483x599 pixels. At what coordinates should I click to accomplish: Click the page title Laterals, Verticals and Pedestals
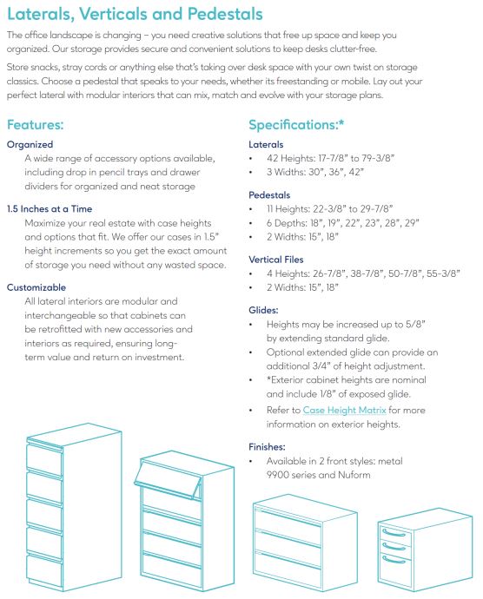coord(135,15)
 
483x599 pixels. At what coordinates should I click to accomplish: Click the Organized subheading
coord(30,144)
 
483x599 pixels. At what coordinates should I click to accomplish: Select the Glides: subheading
coord(263,309)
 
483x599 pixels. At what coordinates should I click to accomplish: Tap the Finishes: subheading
coord(268,446)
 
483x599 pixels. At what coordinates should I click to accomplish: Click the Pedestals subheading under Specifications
coord(269,195)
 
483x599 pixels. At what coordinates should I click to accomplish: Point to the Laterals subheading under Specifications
coord(266,144)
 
